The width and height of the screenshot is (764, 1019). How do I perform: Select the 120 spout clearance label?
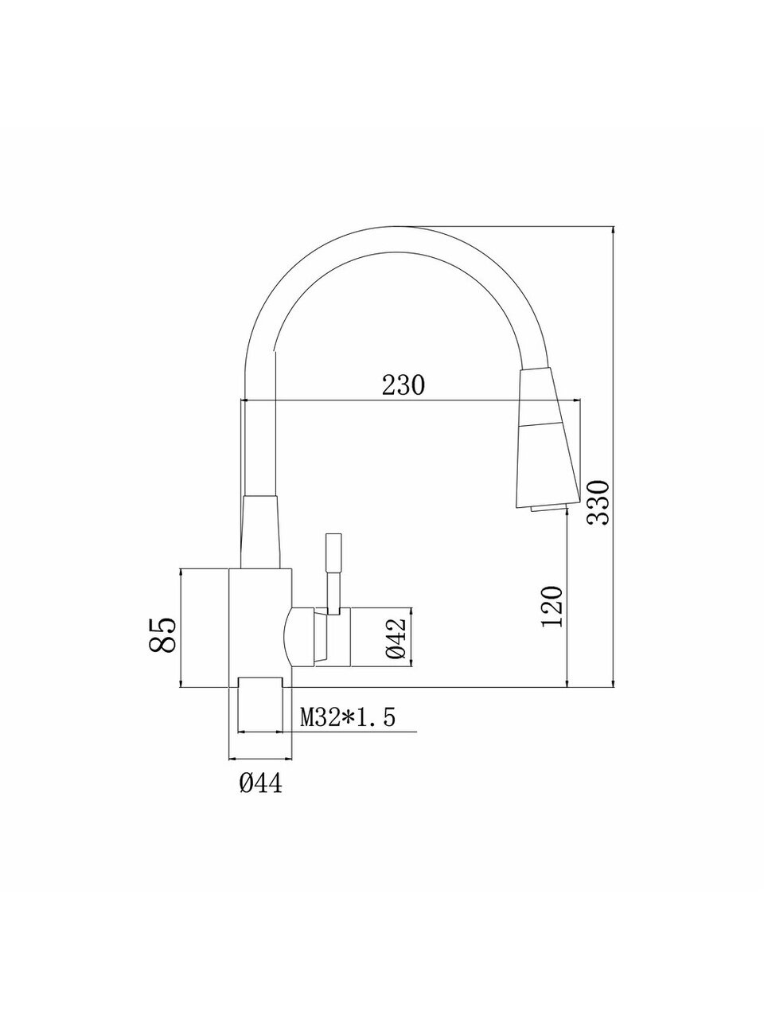click(x=552, y=607)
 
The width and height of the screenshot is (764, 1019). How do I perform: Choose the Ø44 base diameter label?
click(x=261, y=783)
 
